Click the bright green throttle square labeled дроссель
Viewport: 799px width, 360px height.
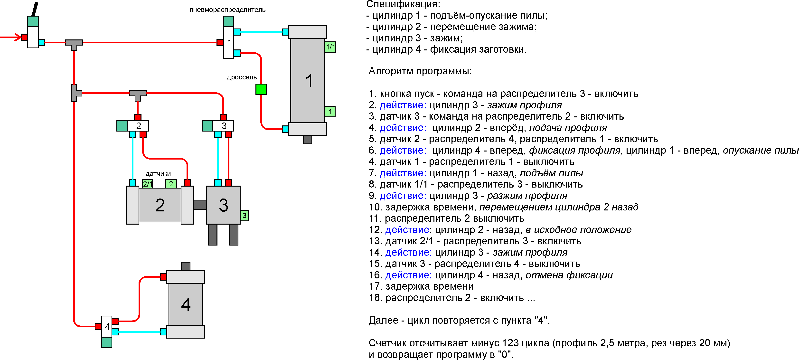click(261, 89)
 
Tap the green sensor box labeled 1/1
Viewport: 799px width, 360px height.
click(330, 47)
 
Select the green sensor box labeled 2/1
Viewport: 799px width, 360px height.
click(148, 184)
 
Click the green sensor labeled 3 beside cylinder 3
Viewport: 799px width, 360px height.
click(244, 215)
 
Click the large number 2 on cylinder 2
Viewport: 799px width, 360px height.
click(160, 205)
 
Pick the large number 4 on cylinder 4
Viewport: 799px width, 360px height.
click(186, 304)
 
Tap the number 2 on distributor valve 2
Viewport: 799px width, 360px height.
click(139, 126)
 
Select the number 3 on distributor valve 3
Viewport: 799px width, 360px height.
click(224, 126)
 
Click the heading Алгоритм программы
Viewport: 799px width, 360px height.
click(420, 71)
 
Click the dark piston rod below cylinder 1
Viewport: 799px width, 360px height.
click(307, 140)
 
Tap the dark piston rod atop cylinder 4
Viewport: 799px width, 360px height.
click(186, 266)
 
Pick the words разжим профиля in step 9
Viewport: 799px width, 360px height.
click(527, 196)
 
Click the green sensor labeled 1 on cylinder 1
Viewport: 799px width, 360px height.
click(330, 111)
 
